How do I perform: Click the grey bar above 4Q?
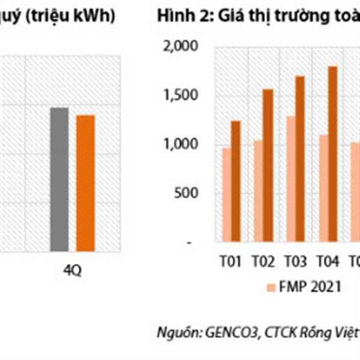(59, 179)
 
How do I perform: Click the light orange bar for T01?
(226, 195)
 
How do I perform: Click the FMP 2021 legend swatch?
(269, 286)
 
